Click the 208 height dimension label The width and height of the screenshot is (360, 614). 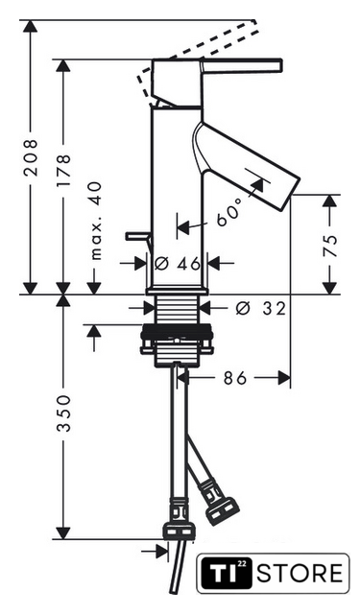[x=31, y=156]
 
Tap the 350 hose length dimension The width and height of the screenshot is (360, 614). [x=63, y=413]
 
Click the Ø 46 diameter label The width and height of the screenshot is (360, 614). [x=177, y=264]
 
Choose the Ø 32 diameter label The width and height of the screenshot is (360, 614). [x=260, y=309]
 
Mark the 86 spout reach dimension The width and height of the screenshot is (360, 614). [x=235, y=378]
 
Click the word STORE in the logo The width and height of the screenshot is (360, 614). [x=300, y=574]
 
